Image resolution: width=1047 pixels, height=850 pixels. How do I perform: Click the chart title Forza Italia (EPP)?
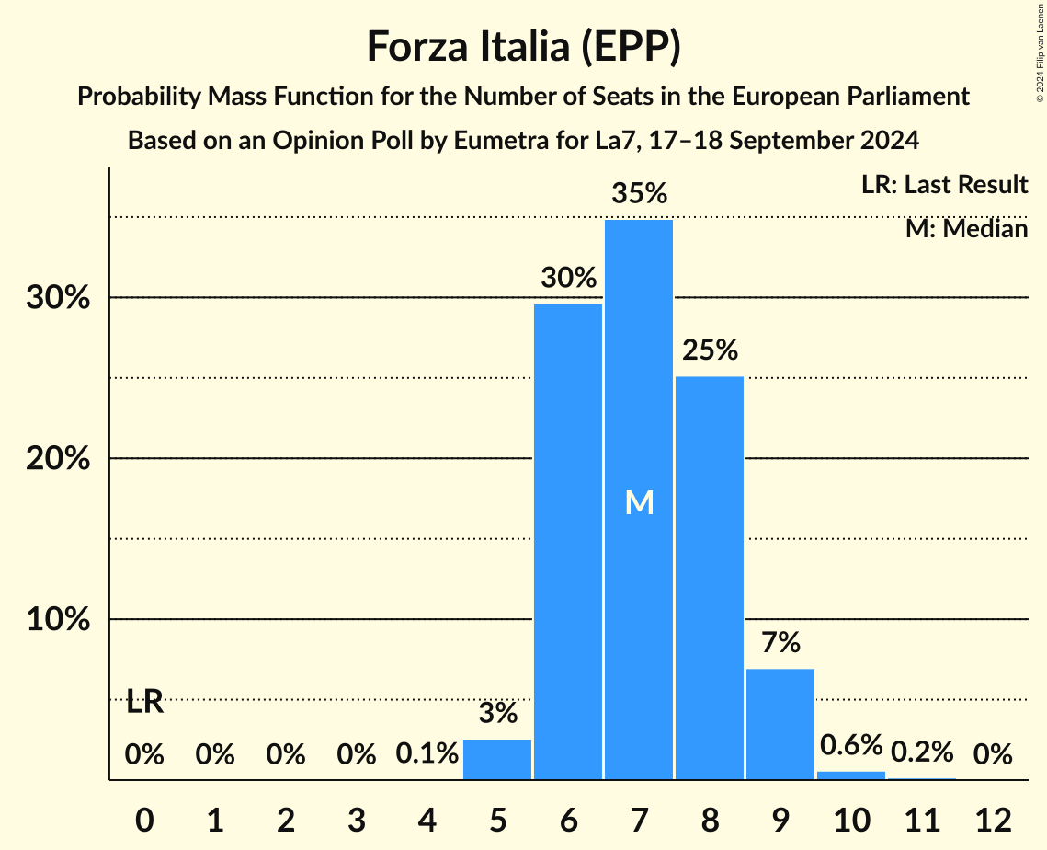point(523,46)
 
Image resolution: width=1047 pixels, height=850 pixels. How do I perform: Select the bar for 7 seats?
point(639,500)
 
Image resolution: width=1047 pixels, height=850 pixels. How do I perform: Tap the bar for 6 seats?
point(568,542)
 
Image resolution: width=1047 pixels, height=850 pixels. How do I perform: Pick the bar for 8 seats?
point(710,578)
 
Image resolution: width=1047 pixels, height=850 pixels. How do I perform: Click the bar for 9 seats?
point(780,724)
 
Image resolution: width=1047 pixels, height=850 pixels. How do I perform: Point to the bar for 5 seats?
point(497,759)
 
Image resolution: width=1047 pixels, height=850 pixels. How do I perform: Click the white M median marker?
point(639,502)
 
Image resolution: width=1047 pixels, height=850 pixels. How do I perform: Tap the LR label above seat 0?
point(144,703)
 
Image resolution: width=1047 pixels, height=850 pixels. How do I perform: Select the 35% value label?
point(639,194)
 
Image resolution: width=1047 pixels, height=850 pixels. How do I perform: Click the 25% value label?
point(710,350)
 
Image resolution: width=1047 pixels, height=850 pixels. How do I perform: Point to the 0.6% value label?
point(850,745)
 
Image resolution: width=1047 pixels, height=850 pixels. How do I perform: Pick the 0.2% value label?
point(921,752)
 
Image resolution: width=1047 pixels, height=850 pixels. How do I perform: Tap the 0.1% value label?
point(427,754)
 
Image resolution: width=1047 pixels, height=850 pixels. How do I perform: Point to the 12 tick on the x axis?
point(993,820)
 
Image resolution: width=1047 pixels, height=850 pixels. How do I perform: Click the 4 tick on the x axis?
point(427,820)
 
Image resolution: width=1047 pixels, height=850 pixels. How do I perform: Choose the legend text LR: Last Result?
point(944,185)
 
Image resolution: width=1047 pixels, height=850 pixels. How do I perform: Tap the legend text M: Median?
point(966,229)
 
